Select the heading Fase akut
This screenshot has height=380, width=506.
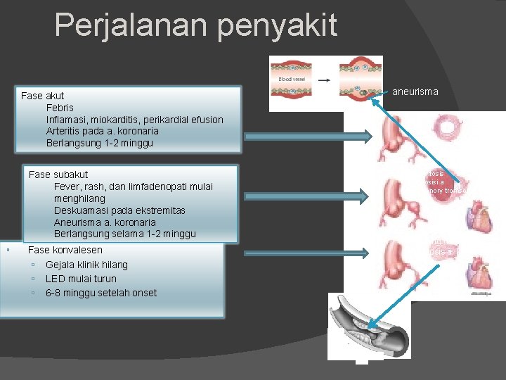point(43,95)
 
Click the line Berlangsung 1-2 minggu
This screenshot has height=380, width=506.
point(99,143)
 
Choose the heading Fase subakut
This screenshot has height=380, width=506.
point(58,174)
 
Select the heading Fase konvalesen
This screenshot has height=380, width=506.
point(65,250)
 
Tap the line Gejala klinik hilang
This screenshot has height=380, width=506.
point(86,265)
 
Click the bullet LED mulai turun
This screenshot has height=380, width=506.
point(81,279)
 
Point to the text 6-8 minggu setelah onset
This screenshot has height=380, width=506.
point(101,293)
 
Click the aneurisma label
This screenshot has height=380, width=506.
point(415,91)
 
